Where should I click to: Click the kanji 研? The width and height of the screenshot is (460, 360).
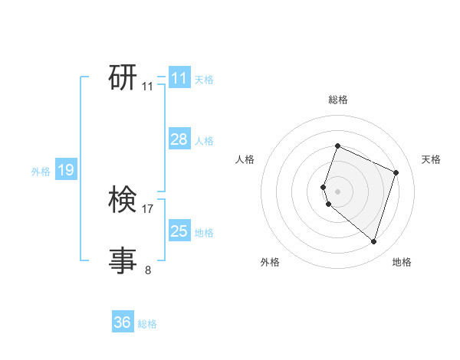(x=123, y=77)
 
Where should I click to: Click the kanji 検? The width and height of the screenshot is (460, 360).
(x=123, y=200)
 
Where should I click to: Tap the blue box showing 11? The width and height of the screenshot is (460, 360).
(x=179, y=78)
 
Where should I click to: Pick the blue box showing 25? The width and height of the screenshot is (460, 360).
(x=179, y=231)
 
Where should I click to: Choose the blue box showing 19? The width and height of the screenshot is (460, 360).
(x=65, y=170)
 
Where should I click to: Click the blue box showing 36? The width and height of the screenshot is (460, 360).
(x=123, y=322)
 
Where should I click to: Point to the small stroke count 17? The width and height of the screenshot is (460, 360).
(x=148, y=208)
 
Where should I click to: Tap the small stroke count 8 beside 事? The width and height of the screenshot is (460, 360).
(x=148, y=270)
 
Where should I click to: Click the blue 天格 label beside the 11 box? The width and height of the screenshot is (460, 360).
(x=204, y=80)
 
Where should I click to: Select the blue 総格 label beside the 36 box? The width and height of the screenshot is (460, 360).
(x=147, y=324)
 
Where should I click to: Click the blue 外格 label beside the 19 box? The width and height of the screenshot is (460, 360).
(x=41, y=172)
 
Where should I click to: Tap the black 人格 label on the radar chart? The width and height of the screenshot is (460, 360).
(x=245, y=159)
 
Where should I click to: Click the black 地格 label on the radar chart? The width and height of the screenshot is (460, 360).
(x=402, y=263)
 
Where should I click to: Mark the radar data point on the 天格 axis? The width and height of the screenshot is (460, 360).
(x=396, y=172)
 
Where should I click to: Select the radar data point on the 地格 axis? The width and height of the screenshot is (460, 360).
(x=373, y=241)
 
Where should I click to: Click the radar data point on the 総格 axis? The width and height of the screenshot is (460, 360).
(x=337, y=146)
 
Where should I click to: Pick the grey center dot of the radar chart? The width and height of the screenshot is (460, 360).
(x=337, y=191)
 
